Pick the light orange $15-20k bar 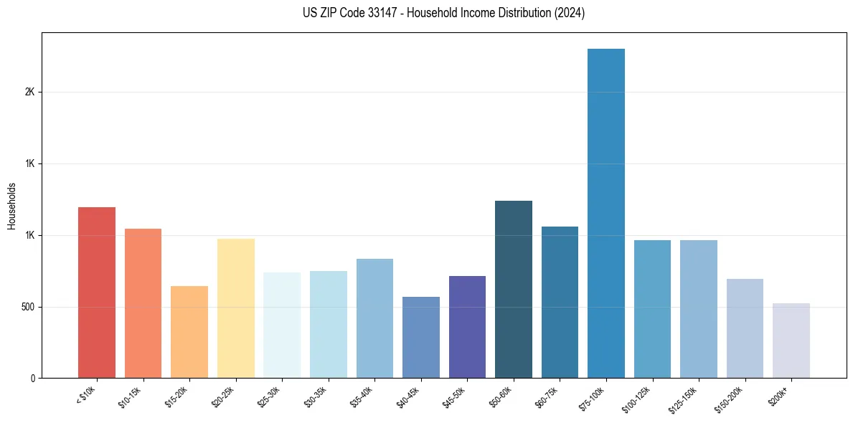pyautogui.click(x=189, y=332)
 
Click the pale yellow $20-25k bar pyautogui.click(x=235, y=308)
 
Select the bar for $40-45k pyautogui.click(x=420, y=337)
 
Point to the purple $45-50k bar pyautogui.click(x=467, y=327)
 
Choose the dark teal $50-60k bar pyautogui.click(x=514, y=290)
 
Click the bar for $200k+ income pyautogui.click(x=791, y=341)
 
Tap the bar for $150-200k pyautogui.click(x=745, y=328)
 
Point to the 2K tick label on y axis pyautogui.click(x=30, y=92)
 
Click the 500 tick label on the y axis pyautogui.click(x=28, y=307)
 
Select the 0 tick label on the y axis pyautogui.click(x=33, y=379)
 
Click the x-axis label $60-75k pyautogui.click(x=550, y=397)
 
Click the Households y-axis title pyautogui.click(x=11, y=206)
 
